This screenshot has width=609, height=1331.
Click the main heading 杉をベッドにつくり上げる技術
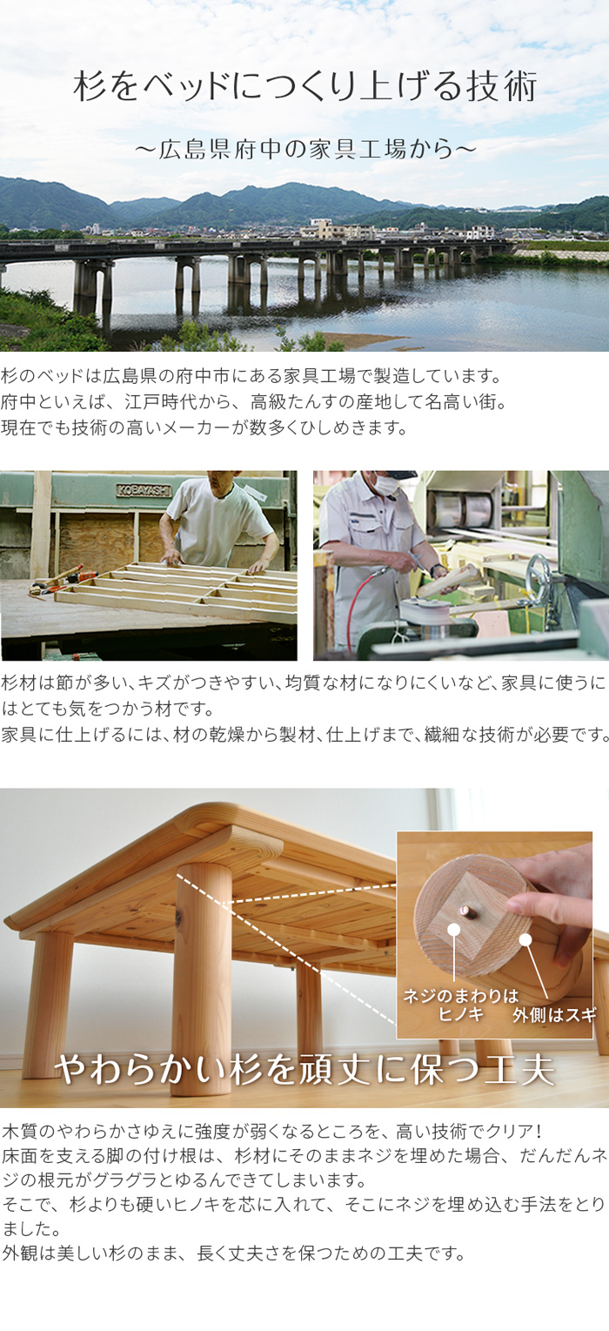pos(305,87)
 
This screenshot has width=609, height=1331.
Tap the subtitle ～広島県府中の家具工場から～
pos(305,149)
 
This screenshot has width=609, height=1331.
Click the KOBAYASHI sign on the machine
pos(144,490)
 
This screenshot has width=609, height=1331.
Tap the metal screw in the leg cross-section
pos(465,910)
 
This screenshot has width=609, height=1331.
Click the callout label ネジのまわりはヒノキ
pos(460,1005)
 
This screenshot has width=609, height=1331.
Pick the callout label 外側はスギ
pos(554,1015)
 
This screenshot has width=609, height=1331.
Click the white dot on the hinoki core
pos(454,930)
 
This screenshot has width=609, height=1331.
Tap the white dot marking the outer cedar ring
pos(525,940)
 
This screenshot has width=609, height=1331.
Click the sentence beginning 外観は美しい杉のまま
pos(233,1254)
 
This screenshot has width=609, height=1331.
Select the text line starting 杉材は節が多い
pos(304,682)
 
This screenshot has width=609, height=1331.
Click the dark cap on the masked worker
pos(397,474)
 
